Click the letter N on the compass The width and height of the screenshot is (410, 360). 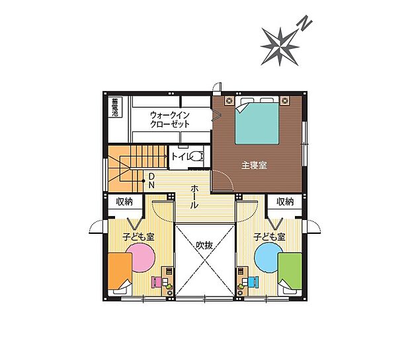(305, 24)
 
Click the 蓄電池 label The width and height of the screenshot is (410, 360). (114, 108)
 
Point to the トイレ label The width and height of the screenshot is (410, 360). (180, 157)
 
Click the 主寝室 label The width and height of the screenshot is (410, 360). (253, 164)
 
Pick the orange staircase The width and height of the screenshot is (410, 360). (126, 164)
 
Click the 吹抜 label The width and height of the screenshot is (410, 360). (204, 245)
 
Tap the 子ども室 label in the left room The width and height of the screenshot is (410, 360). (138, 236)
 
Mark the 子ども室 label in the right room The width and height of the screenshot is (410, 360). (269, 236)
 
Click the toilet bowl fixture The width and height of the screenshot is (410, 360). (196, 157)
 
